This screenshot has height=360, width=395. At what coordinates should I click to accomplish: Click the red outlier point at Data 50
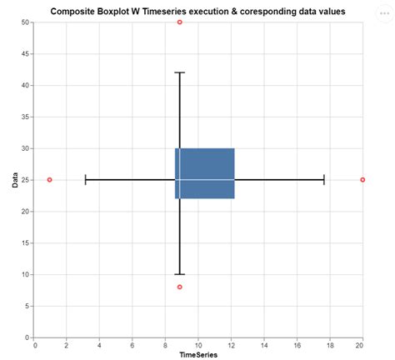click(179, 22)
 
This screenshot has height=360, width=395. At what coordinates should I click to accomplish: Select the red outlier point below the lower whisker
click(179, 287)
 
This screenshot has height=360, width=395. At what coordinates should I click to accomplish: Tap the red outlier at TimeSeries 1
click(50, 179)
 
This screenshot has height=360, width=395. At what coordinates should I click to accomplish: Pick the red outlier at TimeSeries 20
click(362, 179)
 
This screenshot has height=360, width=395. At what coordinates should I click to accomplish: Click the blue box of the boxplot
click(205, 173)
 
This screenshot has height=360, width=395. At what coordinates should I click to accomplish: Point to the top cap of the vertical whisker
click(179, 72)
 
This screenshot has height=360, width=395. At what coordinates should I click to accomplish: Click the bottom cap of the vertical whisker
click(179, 274)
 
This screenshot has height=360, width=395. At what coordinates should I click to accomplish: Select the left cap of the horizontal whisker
click(86, 179)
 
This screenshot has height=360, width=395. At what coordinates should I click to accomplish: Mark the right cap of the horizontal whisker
click(323, 179)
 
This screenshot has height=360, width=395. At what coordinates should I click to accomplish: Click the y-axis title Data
click(15, 179)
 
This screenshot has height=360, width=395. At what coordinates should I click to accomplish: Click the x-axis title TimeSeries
click(198, 354)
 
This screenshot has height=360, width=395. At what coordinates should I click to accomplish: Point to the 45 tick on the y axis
click(24, 53)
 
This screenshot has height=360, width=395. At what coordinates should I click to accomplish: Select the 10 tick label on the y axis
click(24, 274)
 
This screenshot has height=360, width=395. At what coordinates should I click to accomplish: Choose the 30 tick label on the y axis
click(24, 148)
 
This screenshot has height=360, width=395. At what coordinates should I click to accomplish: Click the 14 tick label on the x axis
click(263, 344)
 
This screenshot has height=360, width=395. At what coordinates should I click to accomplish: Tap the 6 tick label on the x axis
click(132, 344)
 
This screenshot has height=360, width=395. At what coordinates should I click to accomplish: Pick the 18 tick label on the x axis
click(329, 344)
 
